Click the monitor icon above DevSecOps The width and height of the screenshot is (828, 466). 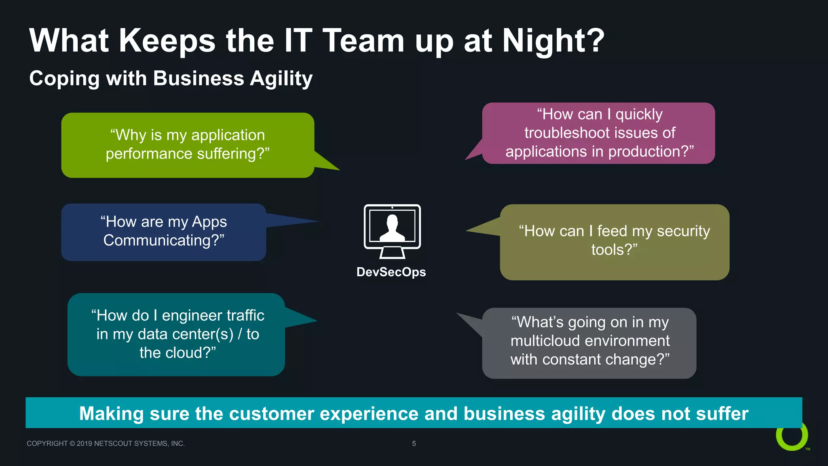point(392,231)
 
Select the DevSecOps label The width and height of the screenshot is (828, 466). point(391,272)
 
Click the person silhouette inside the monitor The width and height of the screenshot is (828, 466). point(392,229)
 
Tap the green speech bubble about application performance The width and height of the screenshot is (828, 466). point(187,145)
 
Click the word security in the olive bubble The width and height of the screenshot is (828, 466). point(683,231)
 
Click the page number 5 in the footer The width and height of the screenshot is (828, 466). point(414,443)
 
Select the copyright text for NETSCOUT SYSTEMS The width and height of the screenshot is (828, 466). point(106,443)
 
